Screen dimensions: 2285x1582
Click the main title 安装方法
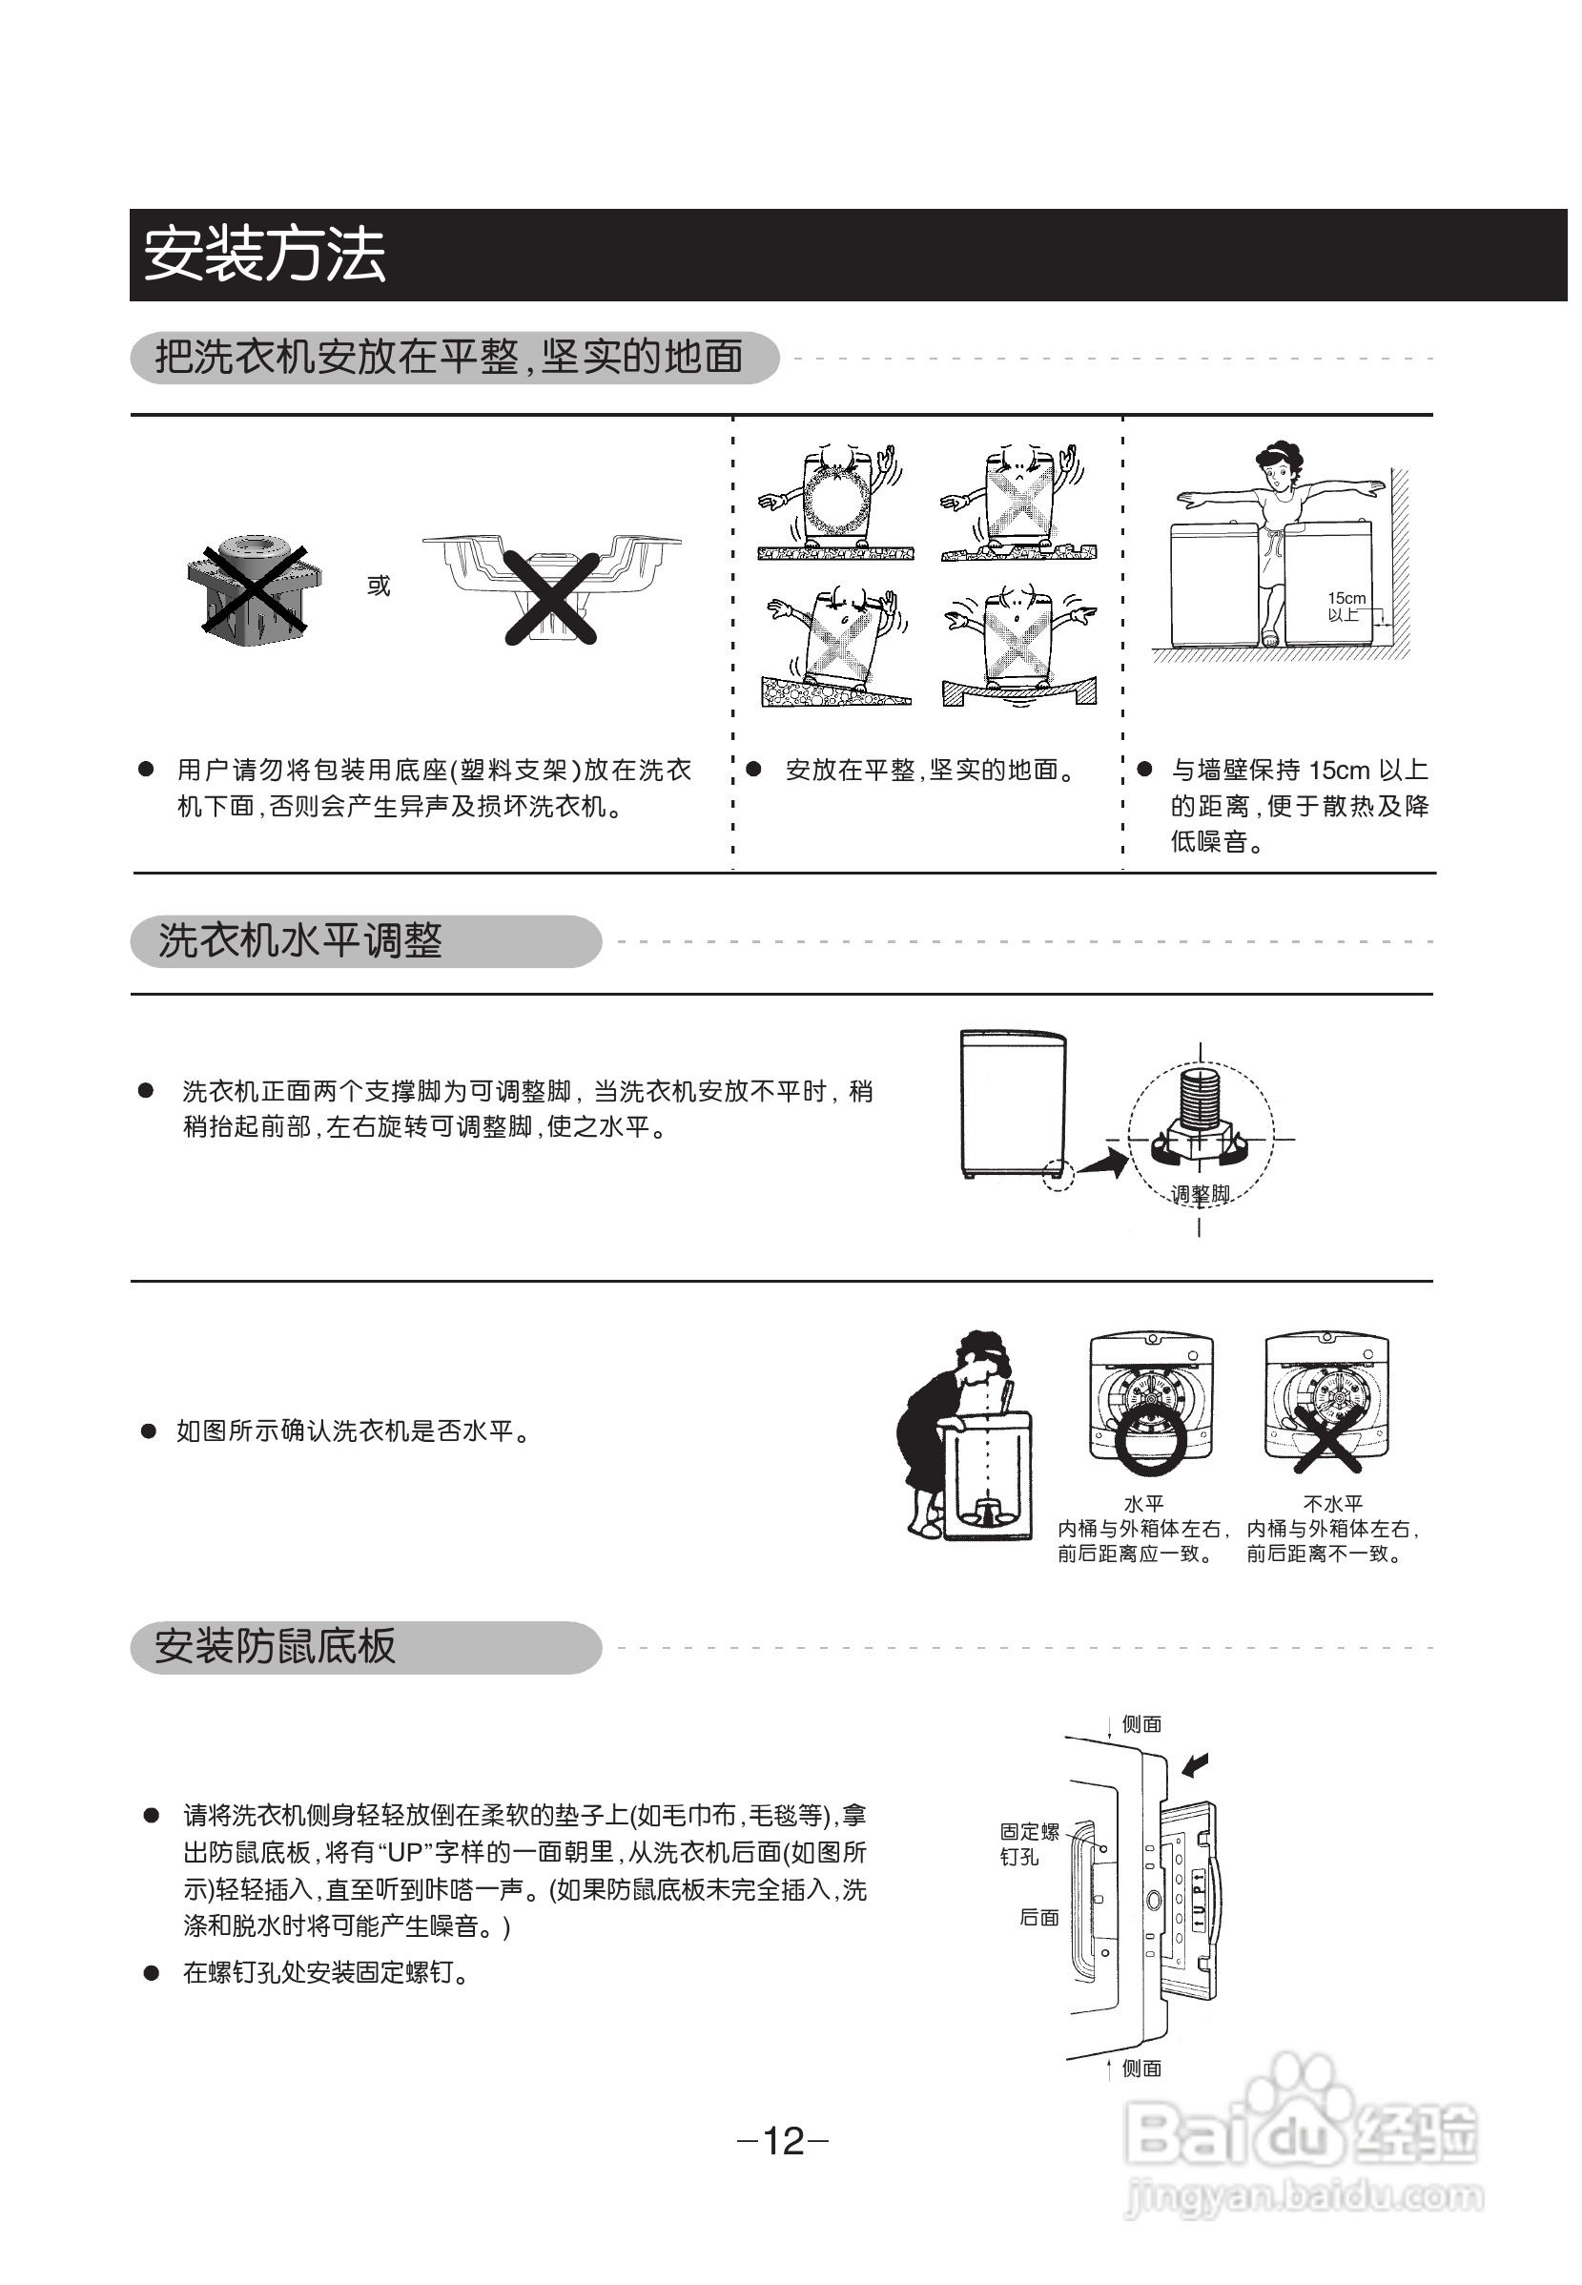coord(263,255)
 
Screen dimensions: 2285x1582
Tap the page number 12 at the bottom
coord(783,2140)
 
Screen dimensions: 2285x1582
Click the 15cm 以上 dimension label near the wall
coord(1346,606)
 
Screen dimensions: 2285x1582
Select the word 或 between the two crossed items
coord(379,586)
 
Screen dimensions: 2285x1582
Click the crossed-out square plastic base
coord(255,588)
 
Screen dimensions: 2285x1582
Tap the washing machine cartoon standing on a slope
coord(837,645)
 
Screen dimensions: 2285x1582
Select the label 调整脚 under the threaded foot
coord(1200,1194)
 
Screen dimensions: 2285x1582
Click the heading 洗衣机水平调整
coord(300,940)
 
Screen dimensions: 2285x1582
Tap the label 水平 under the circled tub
coord(1143,1504)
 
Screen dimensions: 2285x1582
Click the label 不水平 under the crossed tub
coord(1332,1504)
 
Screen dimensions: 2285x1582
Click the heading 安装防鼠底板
coord(276,1647)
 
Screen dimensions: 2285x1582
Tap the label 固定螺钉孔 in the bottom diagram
coord(1029,1843)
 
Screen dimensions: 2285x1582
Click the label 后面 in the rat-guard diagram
coord(1038,1918)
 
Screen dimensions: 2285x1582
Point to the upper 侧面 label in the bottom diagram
coord(1140,1724)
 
